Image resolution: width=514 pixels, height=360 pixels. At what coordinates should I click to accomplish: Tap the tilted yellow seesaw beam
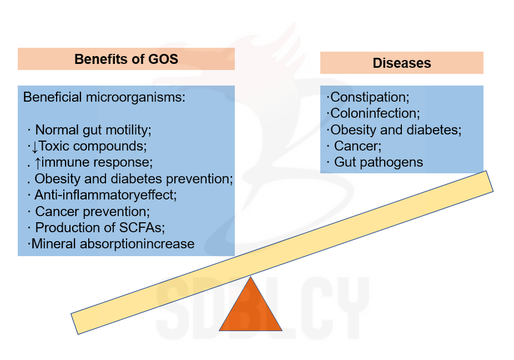tap(282, 252)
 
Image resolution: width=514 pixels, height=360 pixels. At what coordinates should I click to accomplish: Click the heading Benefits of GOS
tap(126, 59)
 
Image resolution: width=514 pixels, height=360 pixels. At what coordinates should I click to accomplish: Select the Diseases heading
tap(401, 63)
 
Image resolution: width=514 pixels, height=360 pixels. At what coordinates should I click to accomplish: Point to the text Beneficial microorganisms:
tap(104, 97)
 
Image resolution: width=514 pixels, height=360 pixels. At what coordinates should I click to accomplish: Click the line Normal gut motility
tap(93, 130)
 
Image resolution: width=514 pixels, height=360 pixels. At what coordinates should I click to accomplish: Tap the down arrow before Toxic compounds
tap(35, 147)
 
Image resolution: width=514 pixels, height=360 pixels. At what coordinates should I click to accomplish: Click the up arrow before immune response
tap(38, 162)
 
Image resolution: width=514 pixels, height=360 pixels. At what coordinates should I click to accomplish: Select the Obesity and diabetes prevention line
tap(134, 179)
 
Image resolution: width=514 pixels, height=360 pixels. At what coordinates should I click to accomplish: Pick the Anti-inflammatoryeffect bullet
tap(105, 195)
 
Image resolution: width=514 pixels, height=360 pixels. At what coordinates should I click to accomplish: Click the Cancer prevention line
tap(93, 212)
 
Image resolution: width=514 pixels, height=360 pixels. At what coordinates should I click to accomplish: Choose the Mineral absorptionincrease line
tap(113, 244)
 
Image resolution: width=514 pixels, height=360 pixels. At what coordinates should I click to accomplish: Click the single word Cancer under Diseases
tap(357, 146)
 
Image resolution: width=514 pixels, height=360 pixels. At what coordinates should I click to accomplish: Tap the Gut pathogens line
tap(379, 162)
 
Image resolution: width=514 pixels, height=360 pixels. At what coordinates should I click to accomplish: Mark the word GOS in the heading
tap(163, 59)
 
